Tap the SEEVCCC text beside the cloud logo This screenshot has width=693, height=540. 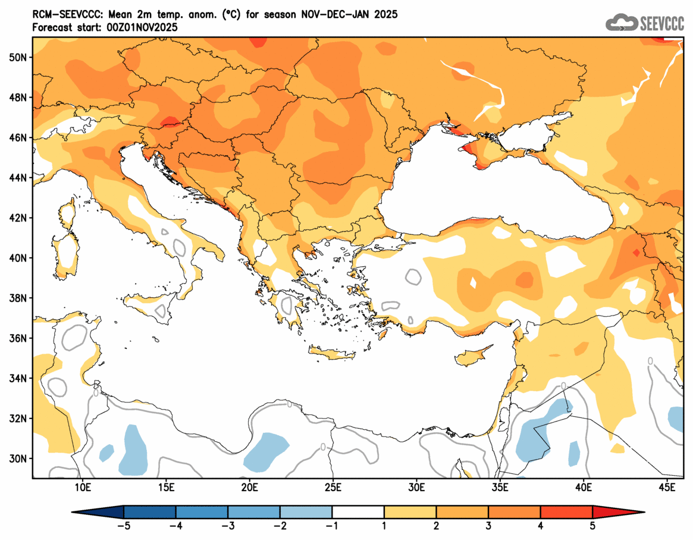(661, 23)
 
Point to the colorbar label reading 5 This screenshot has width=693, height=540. (592, 526)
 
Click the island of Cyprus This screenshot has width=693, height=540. (473, 356)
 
